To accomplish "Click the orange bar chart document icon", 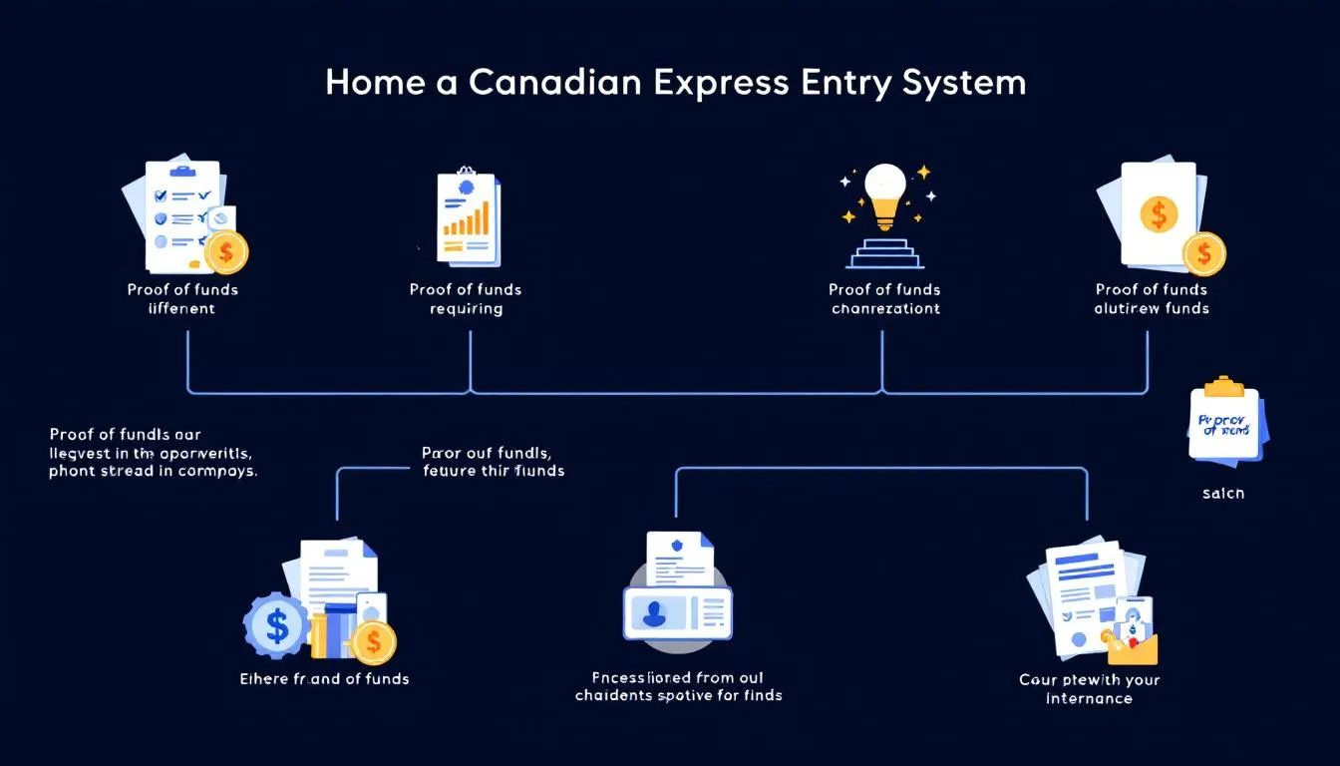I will pyautogui.click(x=468, y=217).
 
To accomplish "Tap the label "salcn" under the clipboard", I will pyautogui.click(x=1223, y=493).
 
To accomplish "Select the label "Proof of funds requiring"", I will pyautogui.click(x=466, y=299).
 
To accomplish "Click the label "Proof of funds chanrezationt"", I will pyautogui.click(x=884, y=299).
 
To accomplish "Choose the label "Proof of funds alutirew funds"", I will pyautogui.click(x=1152, y=299).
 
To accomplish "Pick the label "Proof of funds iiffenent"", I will pyautogui.click(x=182, y=299).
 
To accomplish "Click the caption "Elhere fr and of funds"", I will pyautogui.click(x=325, y=678).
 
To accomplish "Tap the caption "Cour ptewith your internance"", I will pyautogui.click(x=1089, y=689).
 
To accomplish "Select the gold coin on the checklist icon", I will pyautogui.click(x=226, y=251).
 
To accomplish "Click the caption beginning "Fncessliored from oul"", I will pyautogui.click(x=678, y=686).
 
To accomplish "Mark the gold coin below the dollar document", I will pyautogui.click(x=1204, y=253).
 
